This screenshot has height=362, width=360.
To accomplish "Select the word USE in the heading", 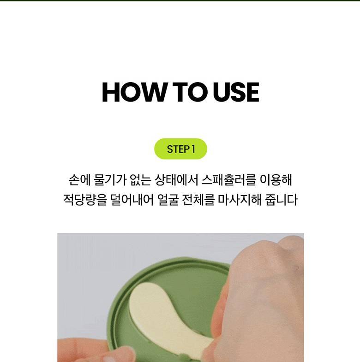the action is tap(236, 92).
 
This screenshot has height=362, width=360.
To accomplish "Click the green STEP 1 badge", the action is tap(180, 149).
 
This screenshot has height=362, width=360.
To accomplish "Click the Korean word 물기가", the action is tap(110, 180).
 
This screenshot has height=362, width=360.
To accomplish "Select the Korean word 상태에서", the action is tap(176, 180).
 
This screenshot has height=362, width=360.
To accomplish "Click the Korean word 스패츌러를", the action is tap(229, 180).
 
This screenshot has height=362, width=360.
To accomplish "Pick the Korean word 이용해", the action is tap(276, 180).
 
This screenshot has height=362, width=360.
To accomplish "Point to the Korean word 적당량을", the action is tap(85, 200).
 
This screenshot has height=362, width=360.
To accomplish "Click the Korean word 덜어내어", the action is tap(132, 200).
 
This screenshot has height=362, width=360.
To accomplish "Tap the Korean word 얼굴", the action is tap(168, 200).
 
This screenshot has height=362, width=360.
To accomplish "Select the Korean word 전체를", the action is tap(198, 200).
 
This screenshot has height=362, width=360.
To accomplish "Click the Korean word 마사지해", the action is tap(240, 200).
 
